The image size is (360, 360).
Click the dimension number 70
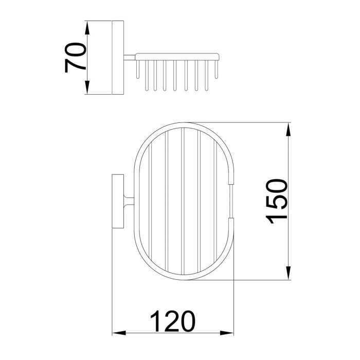click(75, 58)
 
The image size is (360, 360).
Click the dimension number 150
click(277, 202)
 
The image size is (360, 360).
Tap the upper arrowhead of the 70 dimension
click(87, 28)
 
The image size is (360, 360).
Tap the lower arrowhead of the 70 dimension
click(87, 87)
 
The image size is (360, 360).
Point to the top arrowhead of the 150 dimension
click(289, 130)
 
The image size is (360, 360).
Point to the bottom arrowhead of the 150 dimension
click(289, 273)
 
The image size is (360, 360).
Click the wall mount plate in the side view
click(118, 58)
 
